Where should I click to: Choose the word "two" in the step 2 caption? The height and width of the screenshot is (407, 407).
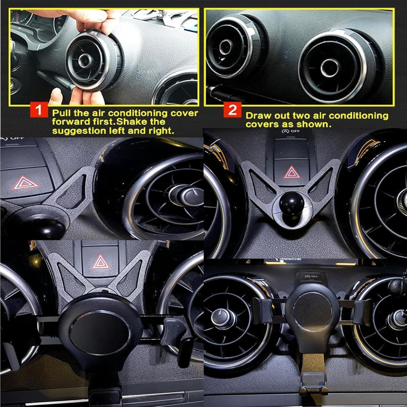point(299,116)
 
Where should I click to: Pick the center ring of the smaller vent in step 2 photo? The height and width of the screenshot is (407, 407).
point(226,47)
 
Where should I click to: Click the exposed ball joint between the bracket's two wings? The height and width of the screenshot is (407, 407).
point(291,203)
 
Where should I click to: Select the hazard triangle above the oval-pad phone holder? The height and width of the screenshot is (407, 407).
point(101,262)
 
